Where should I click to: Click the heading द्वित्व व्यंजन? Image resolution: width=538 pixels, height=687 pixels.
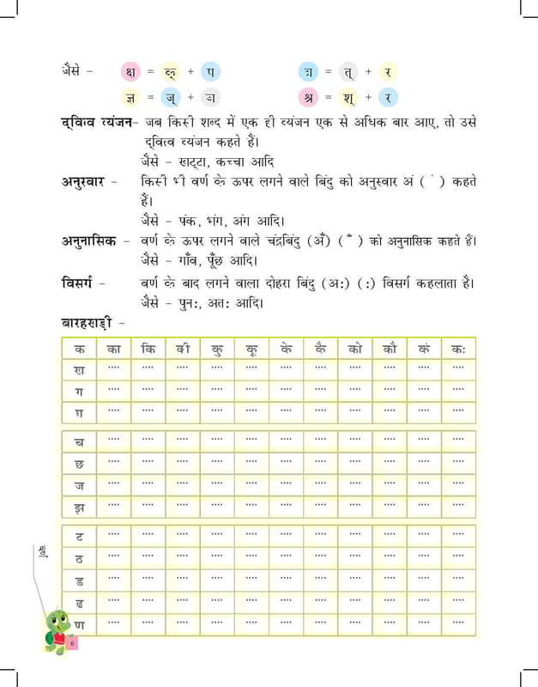pyautogui.click(x=96, y=122)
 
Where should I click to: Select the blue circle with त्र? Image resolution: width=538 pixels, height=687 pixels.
pyautogui.click(x=308, y=70)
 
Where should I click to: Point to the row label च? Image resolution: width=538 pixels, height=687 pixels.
pyautogui.click(x=80, y=442)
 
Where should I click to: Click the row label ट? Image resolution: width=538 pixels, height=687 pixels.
pyautogui.click(x=80, y=536)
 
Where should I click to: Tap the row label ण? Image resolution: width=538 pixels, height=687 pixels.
pyautogui.click(x=80, y=622)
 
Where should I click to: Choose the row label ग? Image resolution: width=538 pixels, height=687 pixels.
pyautogui.click(x=80, y=392)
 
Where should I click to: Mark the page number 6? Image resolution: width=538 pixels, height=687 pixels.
pyautogui.click(x=74, y=641)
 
